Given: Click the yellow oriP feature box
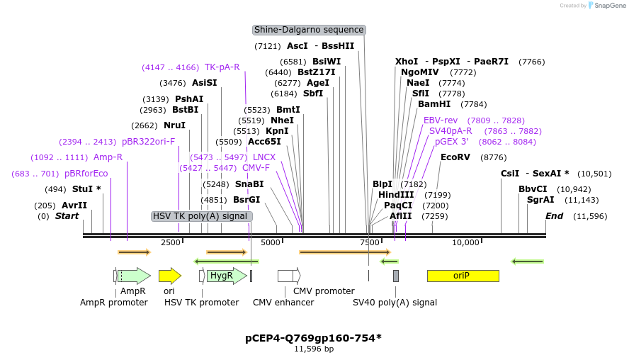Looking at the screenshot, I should (463, 276).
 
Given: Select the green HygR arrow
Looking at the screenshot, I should (221, 276).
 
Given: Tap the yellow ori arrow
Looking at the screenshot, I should (169, 276).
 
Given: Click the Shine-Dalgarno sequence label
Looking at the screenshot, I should (309, 30).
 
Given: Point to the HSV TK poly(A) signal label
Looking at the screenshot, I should (200, 215).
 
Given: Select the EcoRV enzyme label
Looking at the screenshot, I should (455, 157).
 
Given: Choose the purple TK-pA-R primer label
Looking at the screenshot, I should (222, 67).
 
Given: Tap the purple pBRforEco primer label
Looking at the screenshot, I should (86, 174).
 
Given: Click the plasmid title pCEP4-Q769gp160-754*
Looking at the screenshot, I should (313, 337).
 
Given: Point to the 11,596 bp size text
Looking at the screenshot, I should (314, 349).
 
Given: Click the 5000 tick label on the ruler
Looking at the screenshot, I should (271, 242).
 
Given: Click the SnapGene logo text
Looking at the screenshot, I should (608, 6).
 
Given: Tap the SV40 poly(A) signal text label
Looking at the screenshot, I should (395, 302).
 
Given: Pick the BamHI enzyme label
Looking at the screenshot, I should (433, 103).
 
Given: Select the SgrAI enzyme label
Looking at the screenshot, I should (540, 200).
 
